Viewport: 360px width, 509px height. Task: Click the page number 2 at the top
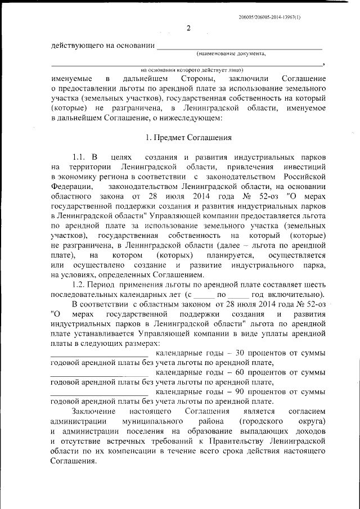click(x=189, y=29)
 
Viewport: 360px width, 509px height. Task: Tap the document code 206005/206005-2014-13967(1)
click(x=269, y=17)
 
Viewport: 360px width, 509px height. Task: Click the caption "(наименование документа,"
click(x=231, y=54)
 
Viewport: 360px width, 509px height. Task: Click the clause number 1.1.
click(x=81, y=156)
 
